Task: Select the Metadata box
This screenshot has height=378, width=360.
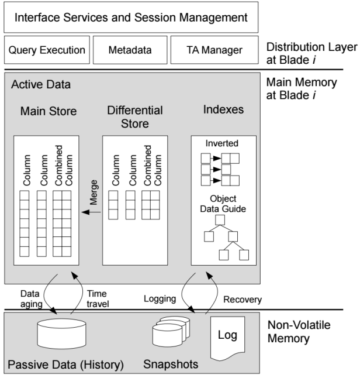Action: click(x=128, y=51)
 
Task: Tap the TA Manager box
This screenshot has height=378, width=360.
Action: click(x=213, y=51)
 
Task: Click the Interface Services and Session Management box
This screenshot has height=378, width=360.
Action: click(x=130, y=19)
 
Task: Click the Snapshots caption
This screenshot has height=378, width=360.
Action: click(x=171, y=365)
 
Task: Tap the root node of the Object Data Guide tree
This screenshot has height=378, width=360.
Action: click(x=220, y=219)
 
